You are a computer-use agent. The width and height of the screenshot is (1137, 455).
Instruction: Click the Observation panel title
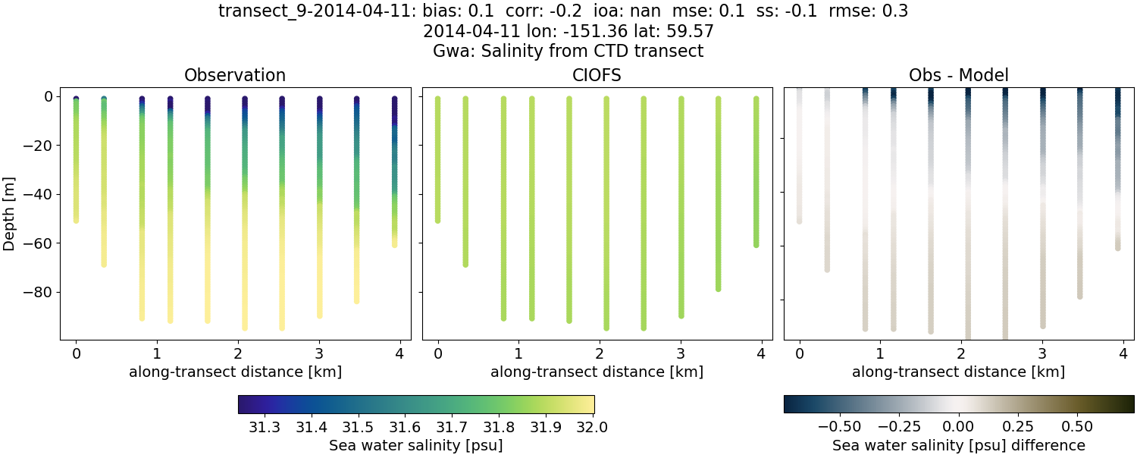coord(235,75)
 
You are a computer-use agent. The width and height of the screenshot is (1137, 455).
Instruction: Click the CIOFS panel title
coord(597,75)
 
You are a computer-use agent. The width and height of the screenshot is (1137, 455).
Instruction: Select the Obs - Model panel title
coord(959,75)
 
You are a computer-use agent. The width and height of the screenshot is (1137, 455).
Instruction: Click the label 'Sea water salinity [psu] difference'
coord(959,445)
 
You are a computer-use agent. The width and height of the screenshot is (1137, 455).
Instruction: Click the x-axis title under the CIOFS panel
coord(597,372)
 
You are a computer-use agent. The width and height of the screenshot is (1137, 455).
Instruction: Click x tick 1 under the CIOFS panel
coord(518,353)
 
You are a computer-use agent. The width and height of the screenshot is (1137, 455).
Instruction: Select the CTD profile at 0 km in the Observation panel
coord(76,159)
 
